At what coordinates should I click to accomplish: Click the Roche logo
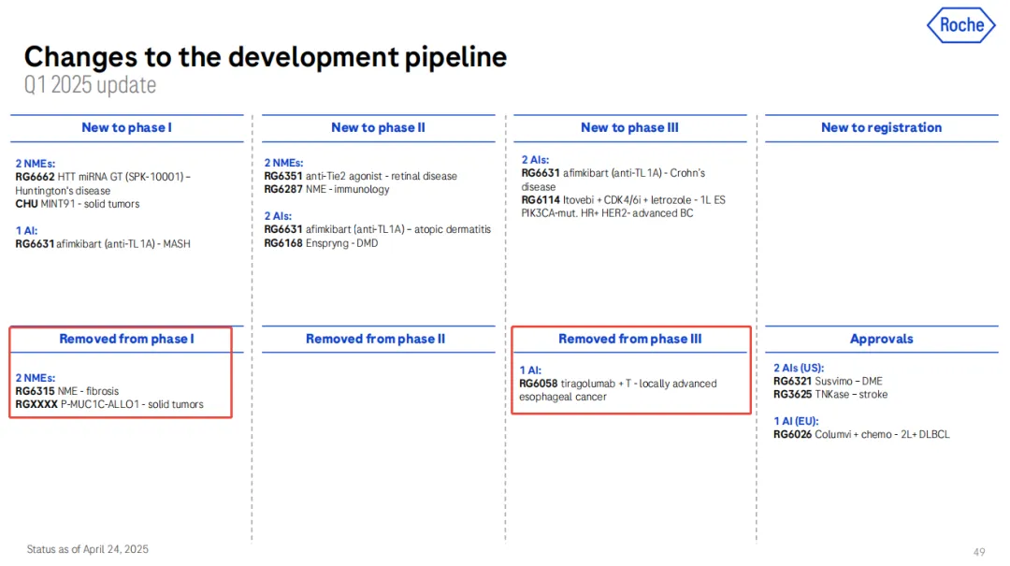(961, 25)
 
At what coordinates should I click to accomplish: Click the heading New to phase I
(126, 127)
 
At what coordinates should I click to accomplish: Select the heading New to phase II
(378, 127)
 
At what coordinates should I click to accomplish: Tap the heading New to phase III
(629, 127)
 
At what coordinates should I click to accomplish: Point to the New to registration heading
(881, 127)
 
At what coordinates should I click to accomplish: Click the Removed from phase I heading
(126, 339)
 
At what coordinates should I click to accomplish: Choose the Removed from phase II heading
(375, 339)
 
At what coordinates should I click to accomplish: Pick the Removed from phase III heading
(630, 339)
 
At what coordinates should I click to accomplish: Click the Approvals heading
(881, 339)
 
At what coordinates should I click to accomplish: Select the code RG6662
(35, 177)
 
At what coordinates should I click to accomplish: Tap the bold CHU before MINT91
(26, 204)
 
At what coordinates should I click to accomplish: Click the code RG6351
(282, 176)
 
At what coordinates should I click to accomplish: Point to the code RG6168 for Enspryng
(282, 243)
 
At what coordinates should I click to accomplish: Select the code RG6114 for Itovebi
(541, 200)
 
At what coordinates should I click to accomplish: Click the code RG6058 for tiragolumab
(539, 384)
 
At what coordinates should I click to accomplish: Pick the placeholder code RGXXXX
(36, 404)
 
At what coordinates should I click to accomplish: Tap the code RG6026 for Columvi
(792, 434)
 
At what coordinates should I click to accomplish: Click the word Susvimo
(833, 381)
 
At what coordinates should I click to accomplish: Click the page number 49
(979, 552)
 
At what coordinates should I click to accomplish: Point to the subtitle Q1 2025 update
(90, 85)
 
